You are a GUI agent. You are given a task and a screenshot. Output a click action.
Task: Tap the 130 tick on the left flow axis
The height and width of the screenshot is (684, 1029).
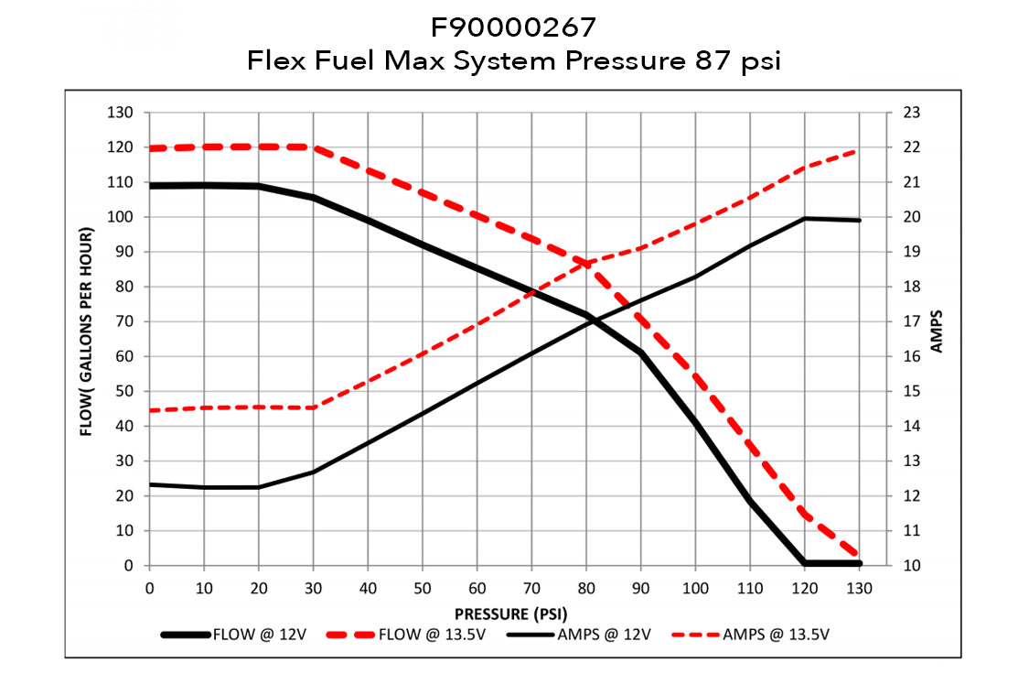[122, 113]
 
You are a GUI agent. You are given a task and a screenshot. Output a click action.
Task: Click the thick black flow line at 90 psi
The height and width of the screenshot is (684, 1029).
[641, 353]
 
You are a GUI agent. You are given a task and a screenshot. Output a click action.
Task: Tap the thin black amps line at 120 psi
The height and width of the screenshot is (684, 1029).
[805, 218]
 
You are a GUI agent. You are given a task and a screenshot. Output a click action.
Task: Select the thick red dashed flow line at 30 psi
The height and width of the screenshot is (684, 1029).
[313, 147]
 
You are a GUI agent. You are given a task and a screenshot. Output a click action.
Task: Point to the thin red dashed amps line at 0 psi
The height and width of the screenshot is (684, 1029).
[149, 410]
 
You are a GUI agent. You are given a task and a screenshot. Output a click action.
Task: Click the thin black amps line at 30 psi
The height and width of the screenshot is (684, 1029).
[313, 472]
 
